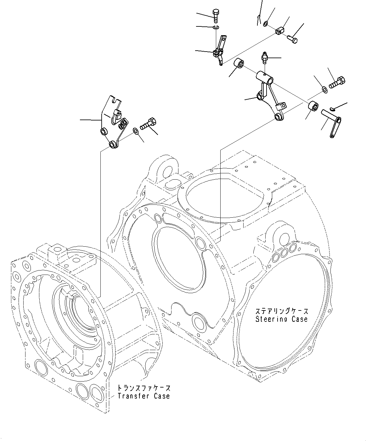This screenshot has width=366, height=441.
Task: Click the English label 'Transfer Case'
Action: tap(144, 396)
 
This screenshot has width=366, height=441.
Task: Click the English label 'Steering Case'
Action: tap(281, 319)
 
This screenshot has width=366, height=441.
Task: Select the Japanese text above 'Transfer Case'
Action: tap(144, 388)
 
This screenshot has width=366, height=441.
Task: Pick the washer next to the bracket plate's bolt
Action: tap(135, 131)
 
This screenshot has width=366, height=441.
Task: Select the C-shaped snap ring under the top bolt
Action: tap(216, 28)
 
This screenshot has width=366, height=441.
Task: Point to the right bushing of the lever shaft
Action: tap(313, 106)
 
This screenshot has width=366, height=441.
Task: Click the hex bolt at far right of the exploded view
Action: tap(338, 83)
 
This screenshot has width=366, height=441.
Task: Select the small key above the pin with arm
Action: tap(333, 109)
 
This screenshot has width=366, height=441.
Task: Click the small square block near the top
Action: tap(280, 31)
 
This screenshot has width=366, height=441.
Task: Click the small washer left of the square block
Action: tap(266, 23)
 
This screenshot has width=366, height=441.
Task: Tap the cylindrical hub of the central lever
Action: tap(265, 77)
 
